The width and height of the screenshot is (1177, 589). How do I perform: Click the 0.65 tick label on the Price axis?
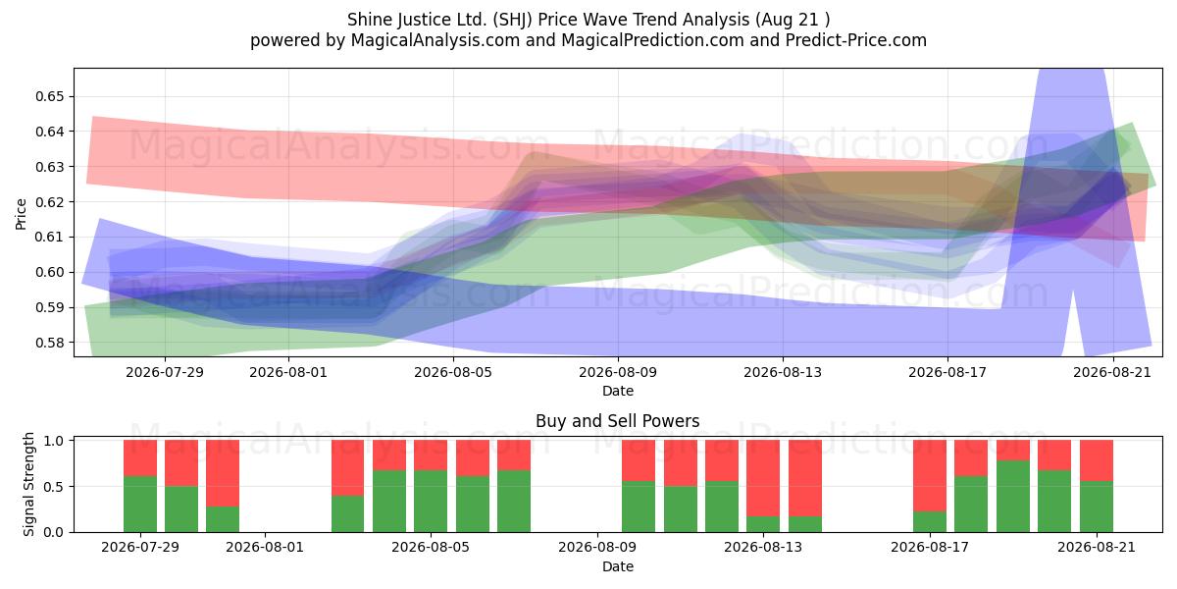pos(49,97)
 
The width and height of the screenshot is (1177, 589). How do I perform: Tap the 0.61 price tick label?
pos(49,238)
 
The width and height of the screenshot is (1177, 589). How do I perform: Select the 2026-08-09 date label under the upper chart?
pos(618,372)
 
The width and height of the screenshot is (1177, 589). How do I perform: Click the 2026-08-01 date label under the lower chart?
pos(265,547)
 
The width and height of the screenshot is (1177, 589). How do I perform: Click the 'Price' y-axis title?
pos(21,214)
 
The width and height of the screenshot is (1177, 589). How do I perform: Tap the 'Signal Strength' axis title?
pos(28,484)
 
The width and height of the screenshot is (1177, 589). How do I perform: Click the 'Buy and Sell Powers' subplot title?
pos(617,421)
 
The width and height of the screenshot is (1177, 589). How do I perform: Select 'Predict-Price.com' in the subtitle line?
pos(856,40)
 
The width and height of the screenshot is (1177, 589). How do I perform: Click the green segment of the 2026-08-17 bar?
pos(930,521)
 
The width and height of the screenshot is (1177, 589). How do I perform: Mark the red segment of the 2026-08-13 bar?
pos(763,478)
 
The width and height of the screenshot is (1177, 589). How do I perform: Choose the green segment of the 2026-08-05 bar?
pos(431,502)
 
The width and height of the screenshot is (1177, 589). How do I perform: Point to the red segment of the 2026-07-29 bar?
pos(140,458)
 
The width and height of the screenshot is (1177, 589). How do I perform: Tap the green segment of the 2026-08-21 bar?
pos(1097,507)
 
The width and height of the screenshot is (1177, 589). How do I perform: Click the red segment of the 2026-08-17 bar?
pos(930,475)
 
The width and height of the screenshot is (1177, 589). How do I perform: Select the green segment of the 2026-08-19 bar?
pos(1013,497)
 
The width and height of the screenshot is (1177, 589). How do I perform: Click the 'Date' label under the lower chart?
pos(618,566)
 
